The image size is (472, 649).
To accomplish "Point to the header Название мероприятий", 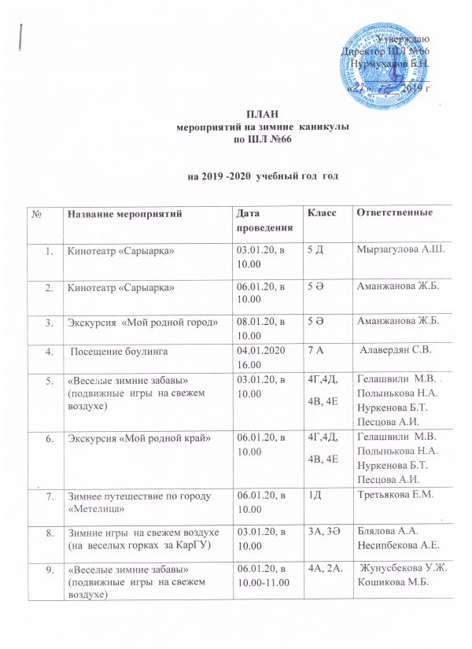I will pos(125,214).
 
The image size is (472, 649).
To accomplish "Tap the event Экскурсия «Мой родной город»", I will pos(142,323).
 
